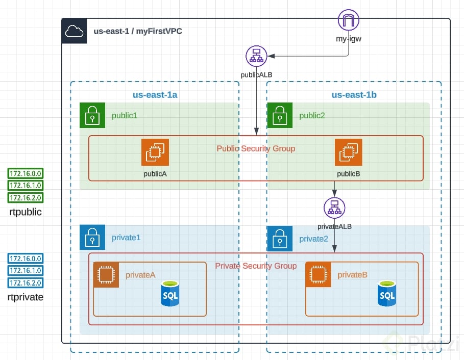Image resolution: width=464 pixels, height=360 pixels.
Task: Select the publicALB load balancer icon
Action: (x=256, y=56)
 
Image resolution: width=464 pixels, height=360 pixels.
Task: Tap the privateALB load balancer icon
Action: (x=334, y=208)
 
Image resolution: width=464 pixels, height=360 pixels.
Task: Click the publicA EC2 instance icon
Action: (x=155, y=152)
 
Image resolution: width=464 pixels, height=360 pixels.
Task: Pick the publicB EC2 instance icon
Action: (x=349, y=152)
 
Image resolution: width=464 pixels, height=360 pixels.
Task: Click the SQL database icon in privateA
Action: (x=170, y=293)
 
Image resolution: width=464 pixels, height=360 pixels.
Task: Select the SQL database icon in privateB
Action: (x=386, y=293)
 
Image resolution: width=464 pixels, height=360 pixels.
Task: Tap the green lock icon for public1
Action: (x=92, y=115)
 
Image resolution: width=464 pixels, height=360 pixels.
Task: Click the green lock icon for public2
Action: (x=280, y=115)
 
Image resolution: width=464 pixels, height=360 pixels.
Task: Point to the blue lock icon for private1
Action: (x=92, y=237)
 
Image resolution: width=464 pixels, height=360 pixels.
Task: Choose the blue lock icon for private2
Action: (x=280, y=238)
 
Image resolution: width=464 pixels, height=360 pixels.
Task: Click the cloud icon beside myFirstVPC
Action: (x=75, y=31)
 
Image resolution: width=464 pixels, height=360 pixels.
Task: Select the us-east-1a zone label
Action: (x=155, y=94)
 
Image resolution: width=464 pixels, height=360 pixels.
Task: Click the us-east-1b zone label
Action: (x=354, y=94)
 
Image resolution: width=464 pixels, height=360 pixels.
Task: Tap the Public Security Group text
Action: (x=256, y=149)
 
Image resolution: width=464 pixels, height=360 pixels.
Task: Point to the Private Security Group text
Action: (x=256, y=266)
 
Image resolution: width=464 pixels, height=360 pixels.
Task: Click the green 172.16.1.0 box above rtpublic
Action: (x=26, y=185)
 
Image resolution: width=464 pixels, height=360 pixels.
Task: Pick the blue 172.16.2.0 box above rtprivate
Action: (x=26, y=282)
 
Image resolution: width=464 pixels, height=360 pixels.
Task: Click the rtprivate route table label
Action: (x=26, y=297)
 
